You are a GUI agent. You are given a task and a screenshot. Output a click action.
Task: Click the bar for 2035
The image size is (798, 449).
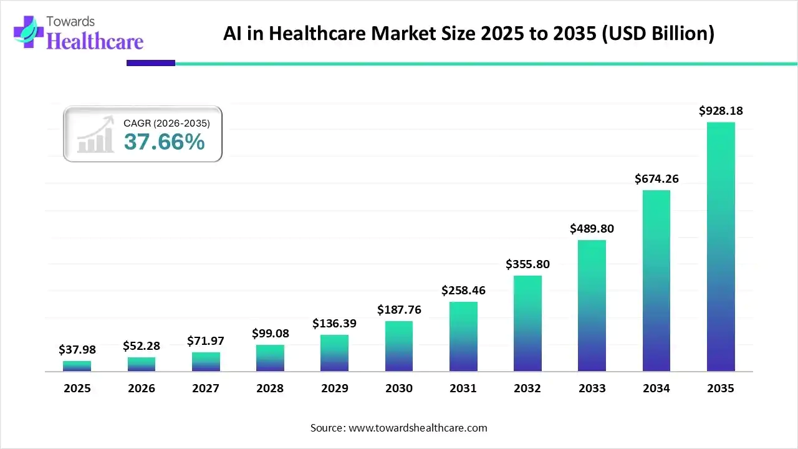coord(721,246)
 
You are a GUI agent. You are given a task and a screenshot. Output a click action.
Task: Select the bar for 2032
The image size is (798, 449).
coord(527,323)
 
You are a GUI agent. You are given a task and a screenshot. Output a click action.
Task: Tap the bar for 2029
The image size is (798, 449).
coord(334,353)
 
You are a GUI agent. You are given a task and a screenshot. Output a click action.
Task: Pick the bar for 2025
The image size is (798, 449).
coord(77,366)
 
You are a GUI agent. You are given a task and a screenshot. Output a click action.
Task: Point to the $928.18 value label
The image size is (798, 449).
coord(721,111)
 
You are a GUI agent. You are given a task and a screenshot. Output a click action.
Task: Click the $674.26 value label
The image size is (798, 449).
coord(656,179)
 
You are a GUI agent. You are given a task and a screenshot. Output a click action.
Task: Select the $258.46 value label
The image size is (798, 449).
coord(463,290)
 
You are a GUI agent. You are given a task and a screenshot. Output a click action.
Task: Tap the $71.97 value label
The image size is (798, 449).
coord(206,341)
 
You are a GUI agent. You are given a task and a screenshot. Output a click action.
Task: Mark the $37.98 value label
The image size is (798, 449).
coord(77,350)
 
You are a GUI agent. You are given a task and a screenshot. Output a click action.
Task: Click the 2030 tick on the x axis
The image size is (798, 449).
coord(399,389)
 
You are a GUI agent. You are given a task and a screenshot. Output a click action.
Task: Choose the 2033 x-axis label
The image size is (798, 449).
coord(592,389)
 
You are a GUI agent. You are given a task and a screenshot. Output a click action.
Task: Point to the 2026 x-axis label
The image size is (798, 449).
coord(142,389)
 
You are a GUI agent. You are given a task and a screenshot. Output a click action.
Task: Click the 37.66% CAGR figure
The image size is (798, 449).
coord(164,142)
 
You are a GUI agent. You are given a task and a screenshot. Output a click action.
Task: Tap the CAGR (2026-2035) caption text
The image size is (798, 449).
coord(166,123)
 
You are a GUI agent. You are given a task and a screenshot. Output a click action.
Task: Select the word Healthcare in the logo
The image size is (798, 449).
coord(95,41)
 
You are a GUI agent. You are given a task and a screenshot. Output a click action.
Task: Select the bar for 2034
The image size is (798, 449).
coord(656,281)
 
